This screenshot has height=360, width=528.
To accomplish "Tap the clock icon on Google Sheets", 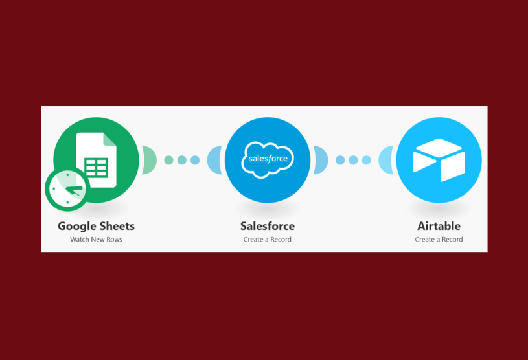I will (66, 190).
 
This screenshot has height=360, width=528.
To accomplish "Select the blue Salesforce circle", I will (268, 160).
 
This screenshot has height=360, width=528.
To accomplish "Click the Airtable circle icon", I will (439, 160).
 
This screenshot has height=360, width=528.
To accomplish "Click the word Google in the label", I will (76, 226).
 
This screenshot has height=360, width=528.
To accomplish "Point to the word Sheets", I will (117, 226).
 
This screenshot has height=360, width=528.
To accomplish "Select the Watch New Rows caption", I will (96, 240).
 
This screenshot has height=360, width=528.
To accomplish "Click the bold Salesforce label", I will (268, 226).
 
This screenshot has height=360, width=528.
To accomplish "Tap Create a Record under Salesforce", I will (268, 240).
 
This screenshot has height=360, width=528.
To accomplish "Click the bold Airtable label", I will (439, 226).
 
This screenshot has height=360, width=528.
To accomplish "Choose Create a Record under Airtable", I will (439, 240).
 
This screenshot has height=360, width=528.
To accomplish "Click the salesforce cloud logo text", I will (268, 159).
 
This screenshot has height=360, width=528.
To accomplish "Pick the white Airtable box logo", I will (439, 160).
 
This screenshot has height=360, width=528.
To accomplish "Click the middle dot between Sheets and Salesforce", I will (182, 160).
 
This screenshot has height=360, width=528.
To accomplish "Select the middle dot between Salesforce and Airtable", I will (353, 160).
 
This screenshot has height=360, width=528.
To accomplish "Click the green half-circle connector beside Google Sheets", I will (149, 160).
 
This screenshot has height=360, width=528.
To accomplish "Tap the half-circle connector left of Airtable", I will (387, 160).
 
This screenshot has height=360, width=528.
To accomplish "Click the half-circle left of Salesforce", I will (214, 160).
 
